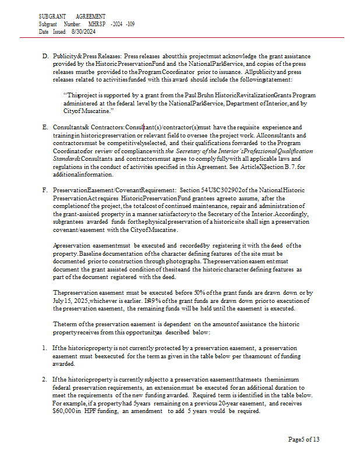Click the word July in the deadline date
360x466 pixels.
coord(59,301)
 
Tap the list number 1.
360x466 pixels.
coord(44,348)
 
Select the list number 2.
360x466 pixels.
coord(44,379)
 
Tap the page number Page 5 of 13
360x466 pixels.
coord(303,439)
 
